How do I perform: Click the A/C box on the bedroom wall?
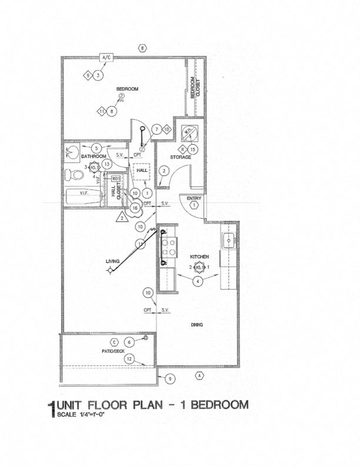pos(106,58)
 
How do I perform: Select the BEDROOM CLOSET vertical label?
pos(195,88)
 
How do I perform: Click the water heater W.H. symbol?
pos(189,134)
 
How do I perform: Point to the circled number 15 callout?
pos(192,149)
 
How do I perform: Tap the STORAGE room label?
pos(181,157)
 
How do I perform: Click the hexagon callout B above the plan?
pos(141,48)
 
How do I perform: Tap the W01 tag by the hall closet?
pos(116,178)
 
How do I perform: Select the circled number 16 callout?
pos(136,207)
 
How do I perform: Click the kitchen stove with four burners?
pos(168,248)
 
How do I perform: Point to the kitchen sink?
pos(228,240)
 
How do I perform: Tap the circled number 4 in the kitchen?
pos(198,281)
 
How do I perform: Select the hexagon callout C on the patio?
pos(114,342)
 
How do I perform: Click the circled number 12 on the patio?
pos(129,358)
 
